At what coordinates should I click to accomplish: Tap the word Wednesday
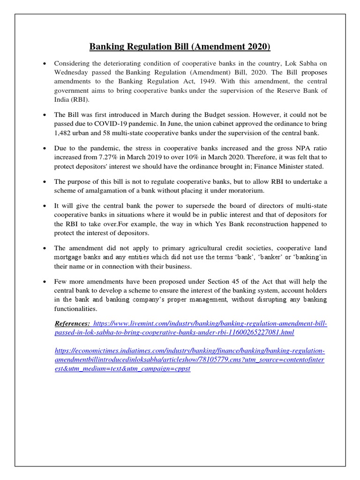pyautogui.click(x=73, y=72)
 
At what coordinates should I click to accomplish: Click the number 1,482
pyautogui.click(x=64, y=133)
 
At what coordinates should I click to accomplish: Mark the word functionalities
pyautogui.click(x=76, y=308)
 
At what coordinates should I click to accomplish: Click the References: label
pyautogui.click(x=72, y=324)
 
